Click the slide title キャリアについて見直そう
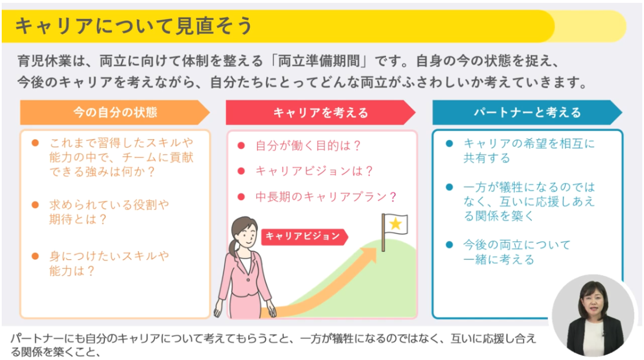click(133, 26)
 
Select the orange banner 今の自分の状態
click(115, 112)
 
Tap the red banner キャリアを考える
click(321, 112)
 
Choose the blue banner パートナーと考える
click(527, 112)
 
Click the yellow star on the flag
click(396, 224)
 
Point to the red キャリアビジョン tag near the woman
click(304, 236)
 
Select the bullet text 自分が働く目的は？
click(308, 145)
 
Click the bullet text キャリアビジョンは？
click(314, 171)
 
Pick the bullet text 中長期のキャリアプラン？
click(326, 197)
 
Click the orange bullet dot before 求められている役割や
click(35, 205)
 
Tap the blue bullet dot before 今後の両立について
click(450, 245)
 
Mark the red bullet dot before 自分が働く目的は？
click(241, 145)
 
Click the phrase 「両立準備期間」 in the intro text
click(319, 61)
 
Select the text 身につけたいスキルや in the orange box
click(109, 256)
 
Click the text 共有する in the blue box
click(487, 158)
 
